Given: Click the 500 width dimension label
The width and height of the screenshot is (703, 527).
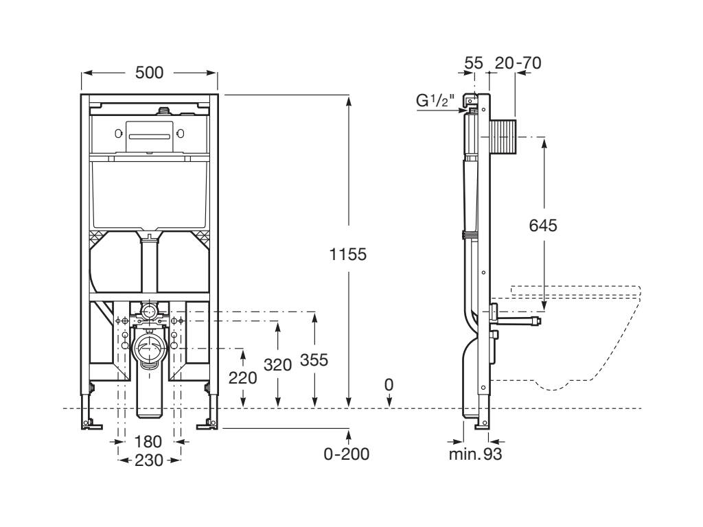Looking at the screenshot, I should pos(149,73).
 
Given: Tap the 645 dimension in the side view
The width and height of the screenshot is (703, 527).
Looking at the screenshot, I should pos(542,224).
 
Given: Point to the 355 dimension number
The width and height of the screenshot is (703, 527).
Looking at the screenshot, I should pos(314,360).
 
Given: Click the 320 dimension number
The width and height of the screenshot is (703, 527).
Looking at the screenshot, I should pos(278,365).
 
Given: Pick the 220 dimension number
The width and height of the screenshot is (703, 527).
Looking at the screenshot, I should pos(243,377).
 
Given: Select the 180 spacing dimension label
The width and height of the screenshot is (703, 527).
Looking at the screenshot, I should pos(148,441).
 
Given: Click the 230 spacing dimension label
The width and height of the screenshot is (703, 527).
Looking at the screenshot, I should pos(149,460).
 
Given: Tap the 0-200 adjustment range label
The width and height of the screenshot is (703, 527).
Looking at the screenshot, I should pos(347,454).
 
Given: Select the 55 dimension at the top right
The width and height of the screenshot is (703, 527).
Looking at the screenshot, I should pos(474,63).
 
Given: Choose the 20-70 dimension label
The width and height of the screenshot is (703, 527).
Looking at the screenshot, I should pos(518,63).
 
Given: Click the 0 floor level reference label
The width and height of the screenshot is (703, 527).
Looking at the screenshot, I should pos(389,385).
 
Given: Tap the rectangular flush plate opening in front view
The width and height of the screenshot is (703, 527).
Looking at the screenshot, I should pos(148,133).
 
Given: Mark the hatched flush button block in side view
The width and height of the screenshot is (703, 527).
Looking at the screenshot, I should pos(505,137).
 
